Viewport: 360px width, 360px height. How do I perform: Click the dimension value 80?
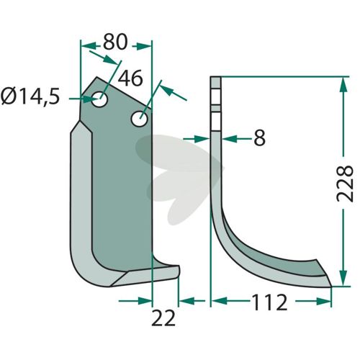[x=114, y=42]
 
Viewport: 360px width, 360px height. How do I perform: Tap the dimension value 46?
[x=130, y=78]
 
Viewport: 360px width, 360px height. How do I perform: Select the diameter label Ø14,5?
[x=30, y=96]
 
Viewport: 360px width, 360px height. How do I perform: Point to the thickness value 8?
[x=259, y=138]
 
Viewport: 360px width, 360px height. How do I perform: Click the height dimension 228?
[x=345, y=183]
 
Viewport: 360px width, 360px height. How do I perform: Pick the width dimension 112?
[x=269, y=302]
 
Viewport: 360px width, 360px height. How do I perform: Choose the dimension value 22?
[x=163, y=318]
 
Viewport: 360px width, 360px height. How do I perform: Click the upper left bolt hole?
[x=99, y=99]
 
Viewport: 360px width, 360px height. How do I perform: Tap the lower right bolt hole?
[x=140, y=118]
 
